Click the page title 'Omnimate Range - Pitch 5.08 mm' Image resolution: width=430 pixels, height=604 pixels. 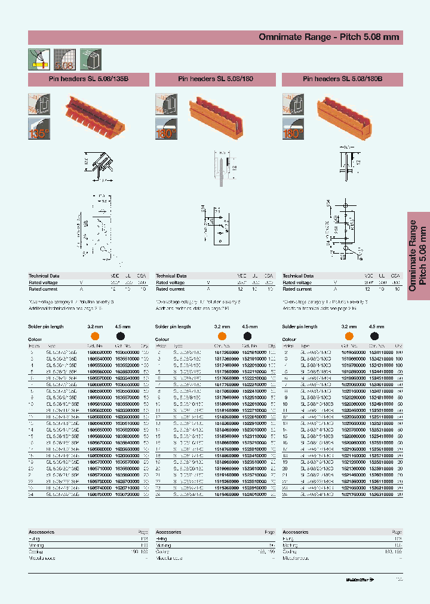[328, 37]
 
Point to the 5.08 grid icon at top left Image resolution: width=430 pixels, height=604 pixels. [63, 59]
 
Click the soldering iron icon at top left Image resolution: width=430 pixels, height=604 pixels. [38, 59]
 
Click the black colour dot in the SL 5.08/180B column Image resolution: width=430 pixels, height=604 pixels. [374, 337]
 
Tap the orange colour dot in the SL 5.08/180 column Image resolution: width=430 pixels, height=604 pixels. [222, 337]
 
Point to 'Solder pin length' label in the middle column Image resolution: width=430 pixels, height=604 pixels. [173, 327]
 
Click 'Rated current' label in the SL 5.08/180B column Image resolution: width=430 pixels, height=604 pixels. [297, 289]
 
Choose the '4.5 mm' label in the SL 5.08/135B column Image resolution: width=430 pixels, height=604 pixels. [123, 327]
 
